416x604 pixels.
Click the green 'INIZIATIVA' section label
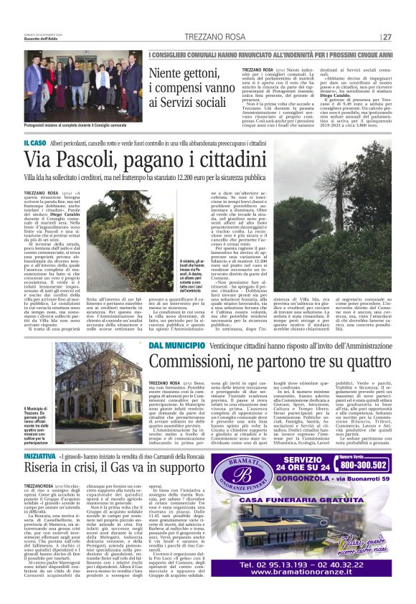click(40, 435)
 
